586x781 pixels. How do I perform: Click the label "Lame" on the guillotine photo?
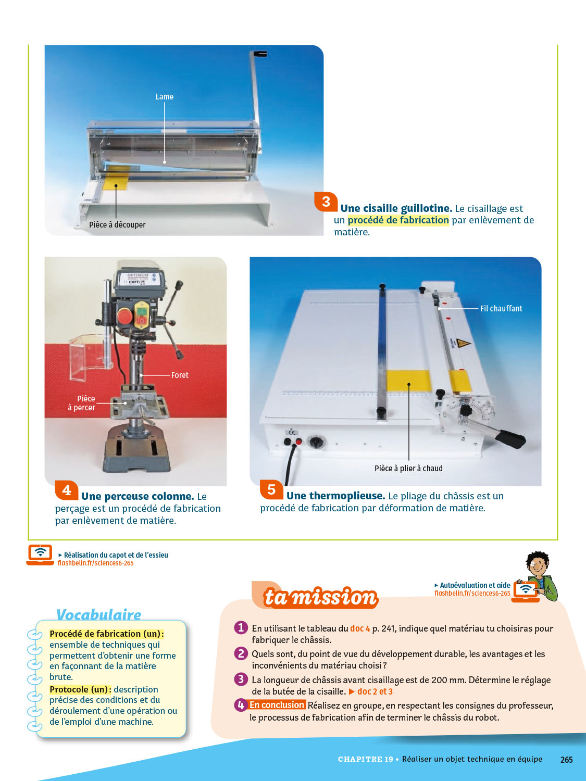[x=165, y=97]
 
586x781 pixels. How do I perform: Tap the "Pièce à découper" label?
[x=117, y=225]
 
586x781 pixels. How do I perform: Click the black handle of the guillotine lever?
[x=259, y=54]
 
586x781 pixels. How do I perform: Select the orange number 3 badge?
[x=326, y=201]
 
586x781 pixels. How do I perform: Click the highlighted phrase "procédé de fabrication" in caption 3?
[x=398, y=220]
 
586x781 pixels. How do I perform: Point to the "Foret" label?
[x=180, y=375]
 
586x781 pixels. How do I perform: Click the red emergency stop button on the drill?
[x=124, y=317]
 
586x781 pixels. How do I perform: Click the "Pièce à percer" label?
[x=81, y=403]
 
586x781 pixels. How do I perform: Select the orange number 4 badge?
[x=67, y=490]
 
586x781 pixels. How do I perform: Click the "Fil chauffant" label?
[x=501, y=309]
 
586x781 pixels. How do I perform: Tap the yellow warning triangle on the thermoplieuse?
[x=464, y=343]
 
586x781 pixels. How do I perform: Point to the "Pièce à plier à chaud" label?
[x=408, y=469]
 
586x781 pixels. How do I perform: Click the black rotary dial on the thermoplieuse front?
[x=315, y=442]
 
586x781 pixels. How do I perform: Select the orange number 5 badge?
[x=271, y=490]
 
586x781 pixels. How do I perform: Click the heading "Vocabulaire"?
[x=98, y=614]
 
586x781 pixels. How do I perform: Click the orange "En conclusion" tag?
[x=277, y=705]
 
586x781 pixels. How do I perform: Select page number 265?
[x=566, y=760]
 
